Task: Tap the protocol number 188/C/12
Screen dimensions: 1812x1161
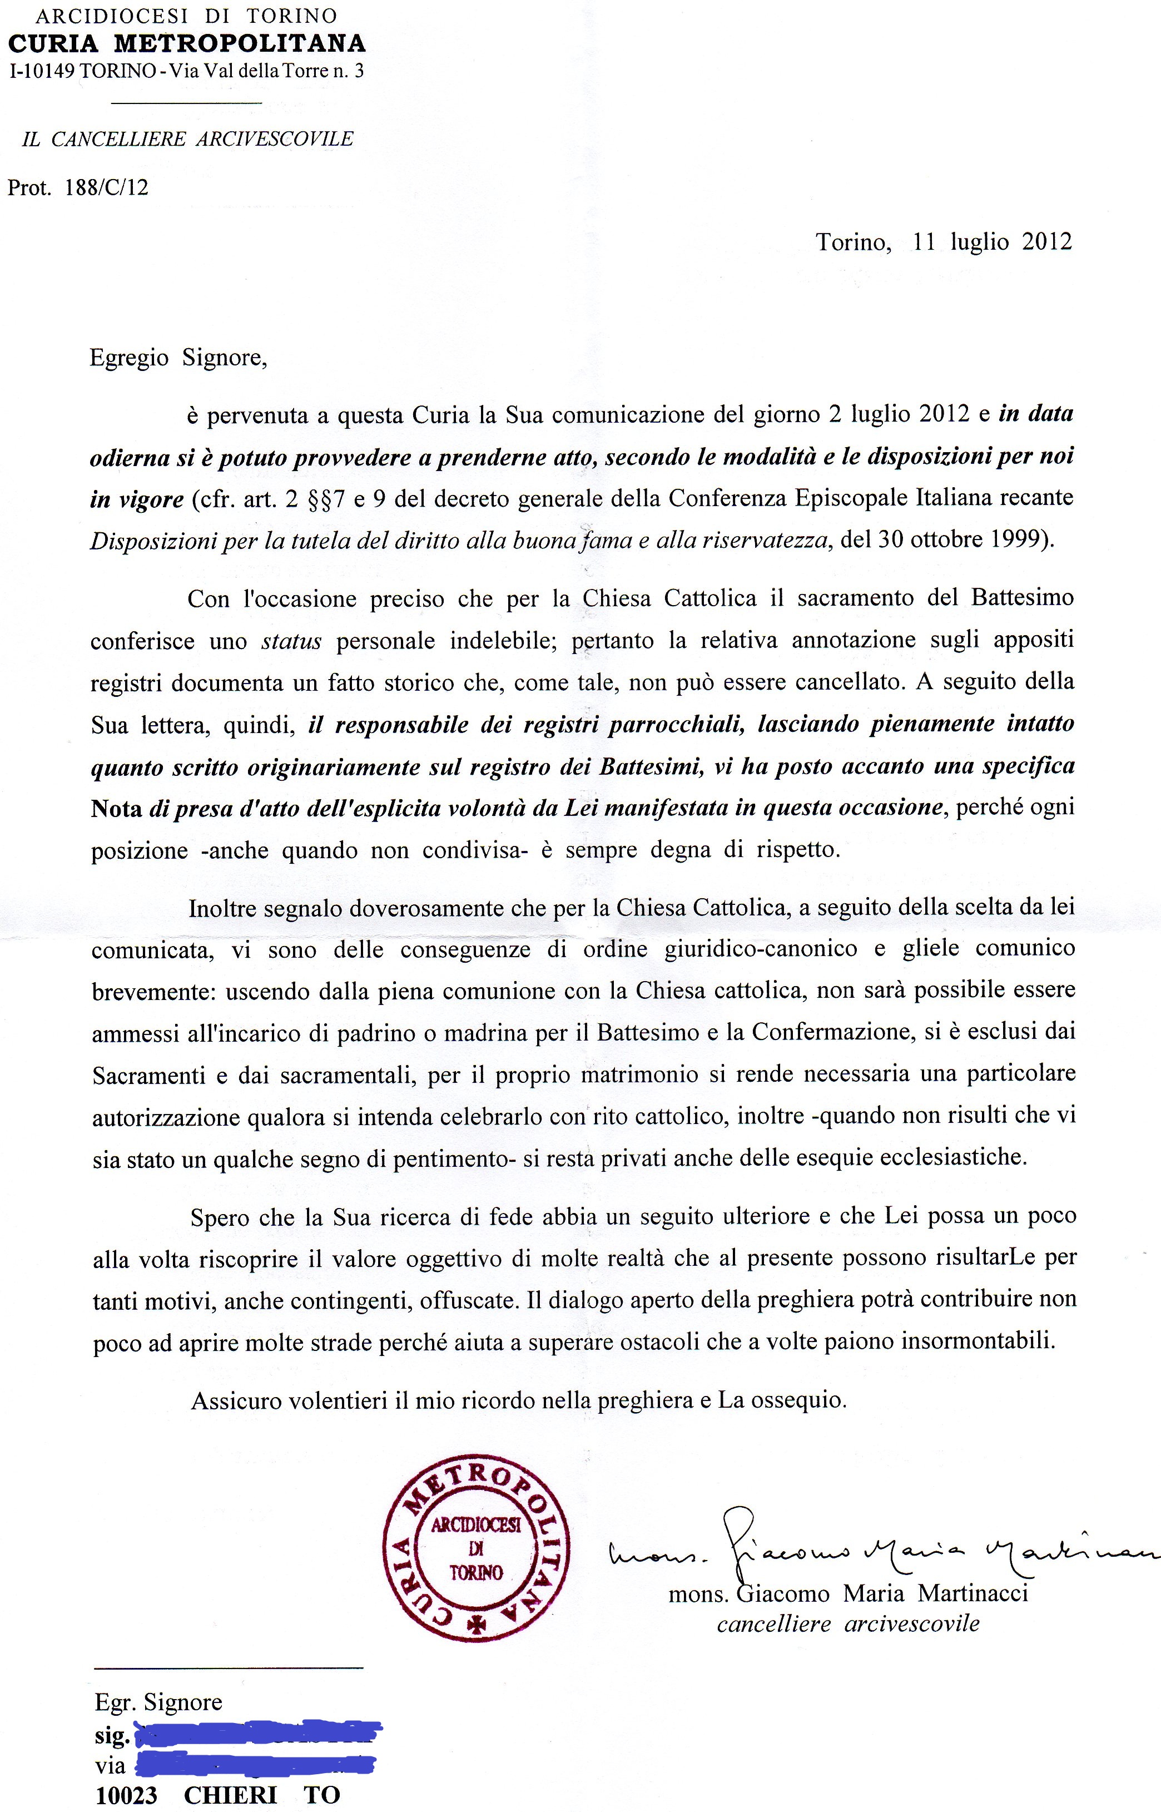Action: (x=107, y=188)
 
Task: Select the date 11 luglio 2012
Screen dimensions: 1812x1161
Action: (x=991, y=241)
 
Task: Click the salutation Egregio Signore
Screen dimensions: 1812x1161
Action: (x=178, y=358)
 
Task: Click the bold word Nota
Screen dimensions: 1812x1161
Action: (x=116, y=808)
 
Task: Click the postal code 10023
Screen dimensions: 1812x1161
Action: (x=127, y=1795)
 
